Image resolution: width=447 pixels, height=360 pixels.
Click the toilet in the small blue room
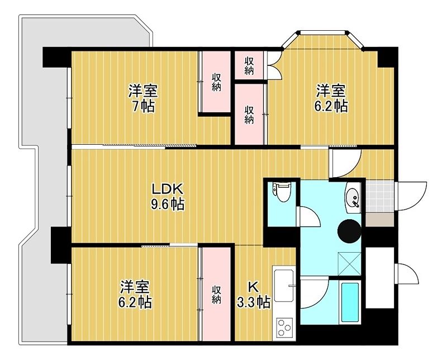point(282,192)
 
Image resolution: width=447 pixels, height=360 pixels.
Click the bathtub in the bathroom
point(349,302)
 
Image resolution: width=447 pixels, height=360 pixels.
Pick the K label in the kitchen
point(253,286)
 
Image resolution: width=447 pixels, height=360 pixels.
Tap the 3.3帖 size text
point(255,302)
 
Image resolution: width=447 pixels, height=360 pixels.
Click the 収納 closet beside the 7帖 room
point(216,82)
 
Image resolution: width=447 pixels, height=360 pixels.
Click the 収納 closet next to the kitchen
point(216,295)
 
